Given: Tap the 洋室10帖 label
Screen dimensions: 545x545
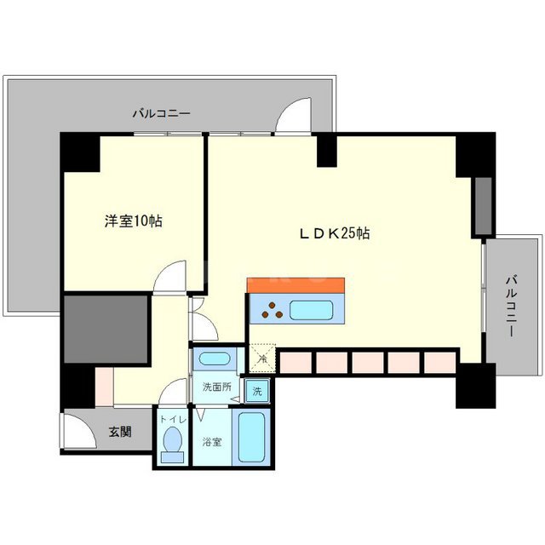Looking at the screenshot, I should (x=134, y=221).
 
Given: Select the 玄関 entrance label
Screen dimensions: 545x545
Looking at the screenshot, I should (x=120, y=433).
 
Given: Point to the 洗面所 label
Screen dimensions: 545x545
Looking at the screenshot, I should (x=215, y=387).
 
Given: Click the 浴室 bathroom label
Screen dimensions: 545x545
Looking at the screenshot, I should (x=212, y=443).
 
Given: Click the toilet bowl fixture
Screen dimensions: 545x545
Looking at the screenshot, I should (x=172, y=444).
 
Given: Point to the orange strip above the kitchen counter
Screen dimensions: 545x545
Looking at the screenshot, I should (x=295, y=284).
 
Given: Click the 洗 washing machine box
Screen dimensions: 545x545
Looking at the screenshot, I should (x=257, y=392).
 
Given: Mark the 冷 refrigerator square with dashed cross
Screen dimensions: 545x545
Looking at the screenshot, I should (x=262, y=359).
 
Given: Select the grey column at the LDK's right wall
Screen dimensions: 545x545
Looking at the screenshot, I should (x=483, y=206).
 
